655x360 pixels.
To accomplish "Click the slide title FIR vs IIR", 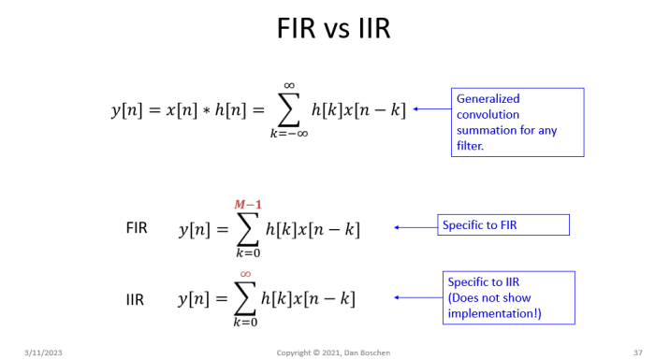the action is pyautogui.click(x=333, y=28).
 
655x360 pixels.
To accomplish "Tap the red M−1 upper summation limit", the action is pyautogui.click(x=248, y=205).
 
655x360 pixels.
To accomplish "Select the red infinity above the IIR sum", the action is pyautogui.click(x=245, y=274).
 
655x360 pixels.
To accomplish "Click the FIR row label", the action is pyautogui.click(x=137, y=228).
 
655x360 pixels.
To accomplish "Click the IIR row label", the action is pyautogui.click(x=135, y=300).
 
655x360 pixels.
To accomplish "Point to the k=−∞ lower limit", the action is pyautogui.click(x=289, y=134).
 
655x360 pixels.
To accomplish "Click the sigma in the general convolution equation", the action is pyautogui.click(x=288, y=109).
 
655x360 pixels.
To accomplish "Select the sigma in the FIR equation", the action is pyautogui.click(x=248, y=229).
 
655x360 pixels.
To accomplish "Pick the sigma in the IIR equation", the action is pyautogui.click(x=245, y=298).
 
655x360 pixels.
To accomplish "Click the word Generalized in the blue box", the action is pyautogui.click(x=488, y=99).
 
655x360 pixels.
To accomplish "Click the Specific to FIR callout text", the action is pyautogui.click(x=479, y=225).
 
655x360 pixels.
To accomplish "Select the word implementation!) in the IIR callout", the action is pyautogui.click(x=495, y=313).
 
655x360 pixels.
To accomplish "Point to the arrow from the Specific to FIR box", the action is pyautogui.click(x=415, y=227).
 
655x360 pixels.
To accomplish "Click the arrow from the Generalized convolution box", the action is pyautogui.click(x=432, y=109).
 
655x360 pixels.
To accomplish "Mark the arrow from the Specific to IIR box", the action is pyautogui.click(x=418, y=297).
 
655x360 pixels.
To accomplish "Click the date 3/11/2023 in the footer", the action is pyautogui.click(x=43, y=353).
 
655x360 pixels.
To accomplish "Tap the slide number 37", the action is pyautogui.click(x=638, y=353).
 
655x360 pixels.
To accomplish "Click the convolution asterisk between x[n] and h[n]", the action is pyautogui.click(x=206, y=111).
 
